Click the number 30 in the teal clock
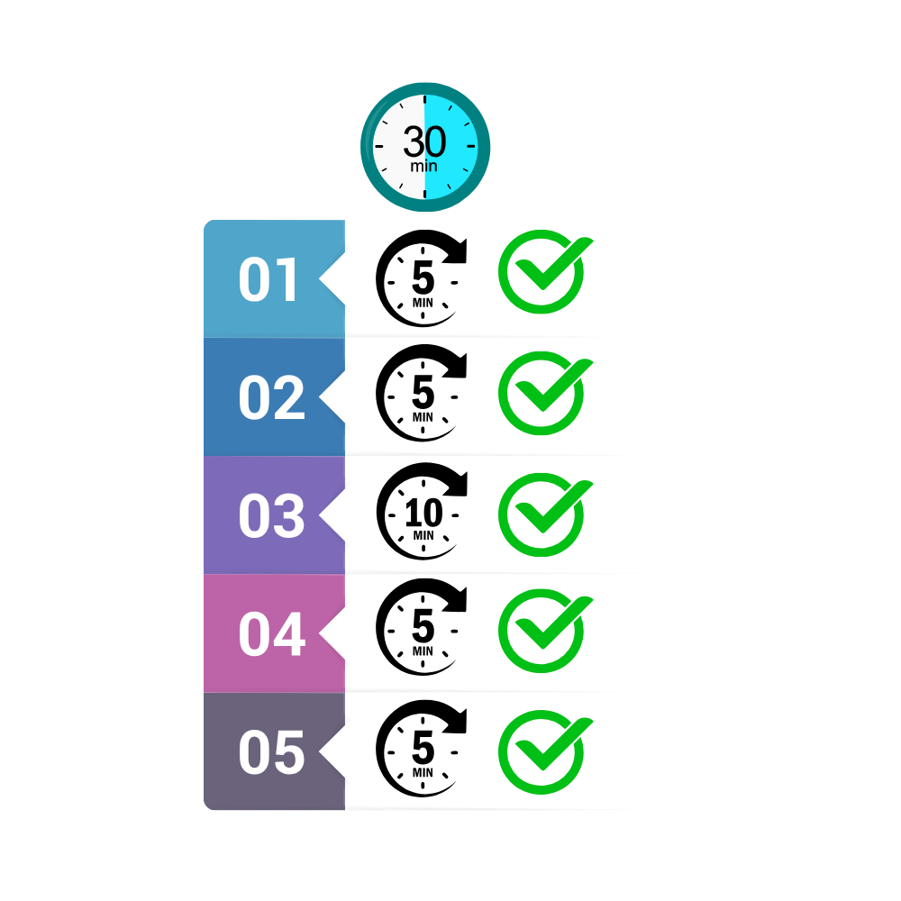(424, 141)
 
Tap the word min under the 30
(424, 166)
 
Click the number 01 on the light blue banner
(268, 279)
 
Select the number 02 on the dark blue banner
(272, 397)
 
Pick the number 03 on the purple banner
(272, 515)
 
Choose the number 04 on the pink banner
(272, 633)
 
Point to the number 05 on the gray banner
(272, 752)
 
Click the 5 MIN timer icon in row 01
(421, 278)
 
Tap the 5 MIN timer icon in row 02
(421, 393)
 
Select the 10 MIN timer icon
(422, 512)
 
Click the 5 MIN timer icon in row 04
(421, 627)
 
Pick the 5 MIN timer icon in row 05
(421, 749)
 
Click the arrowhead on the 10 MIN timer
(458, 483)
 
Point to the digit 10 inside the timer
(423, 513)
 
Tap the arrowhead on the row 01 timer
(457, 250)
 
